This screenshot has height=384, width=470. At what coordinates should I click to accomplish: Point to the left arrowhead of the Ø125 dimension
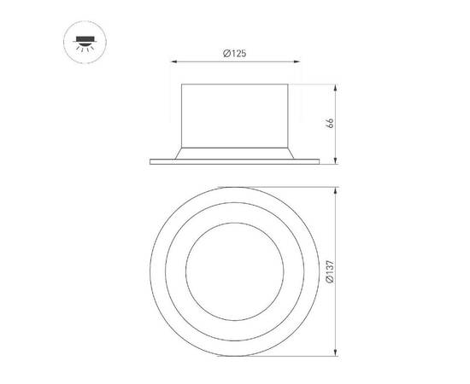pos(175,62)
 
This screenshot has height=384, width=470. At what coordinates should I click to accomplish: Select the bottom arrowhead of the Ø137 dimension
pos(336,353)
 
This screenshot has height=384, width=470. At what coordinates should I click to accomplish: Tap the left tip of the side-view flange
pos(151,160)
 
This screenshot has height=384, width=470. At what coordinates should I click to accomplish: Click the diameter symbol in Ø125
pos(226,54)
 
